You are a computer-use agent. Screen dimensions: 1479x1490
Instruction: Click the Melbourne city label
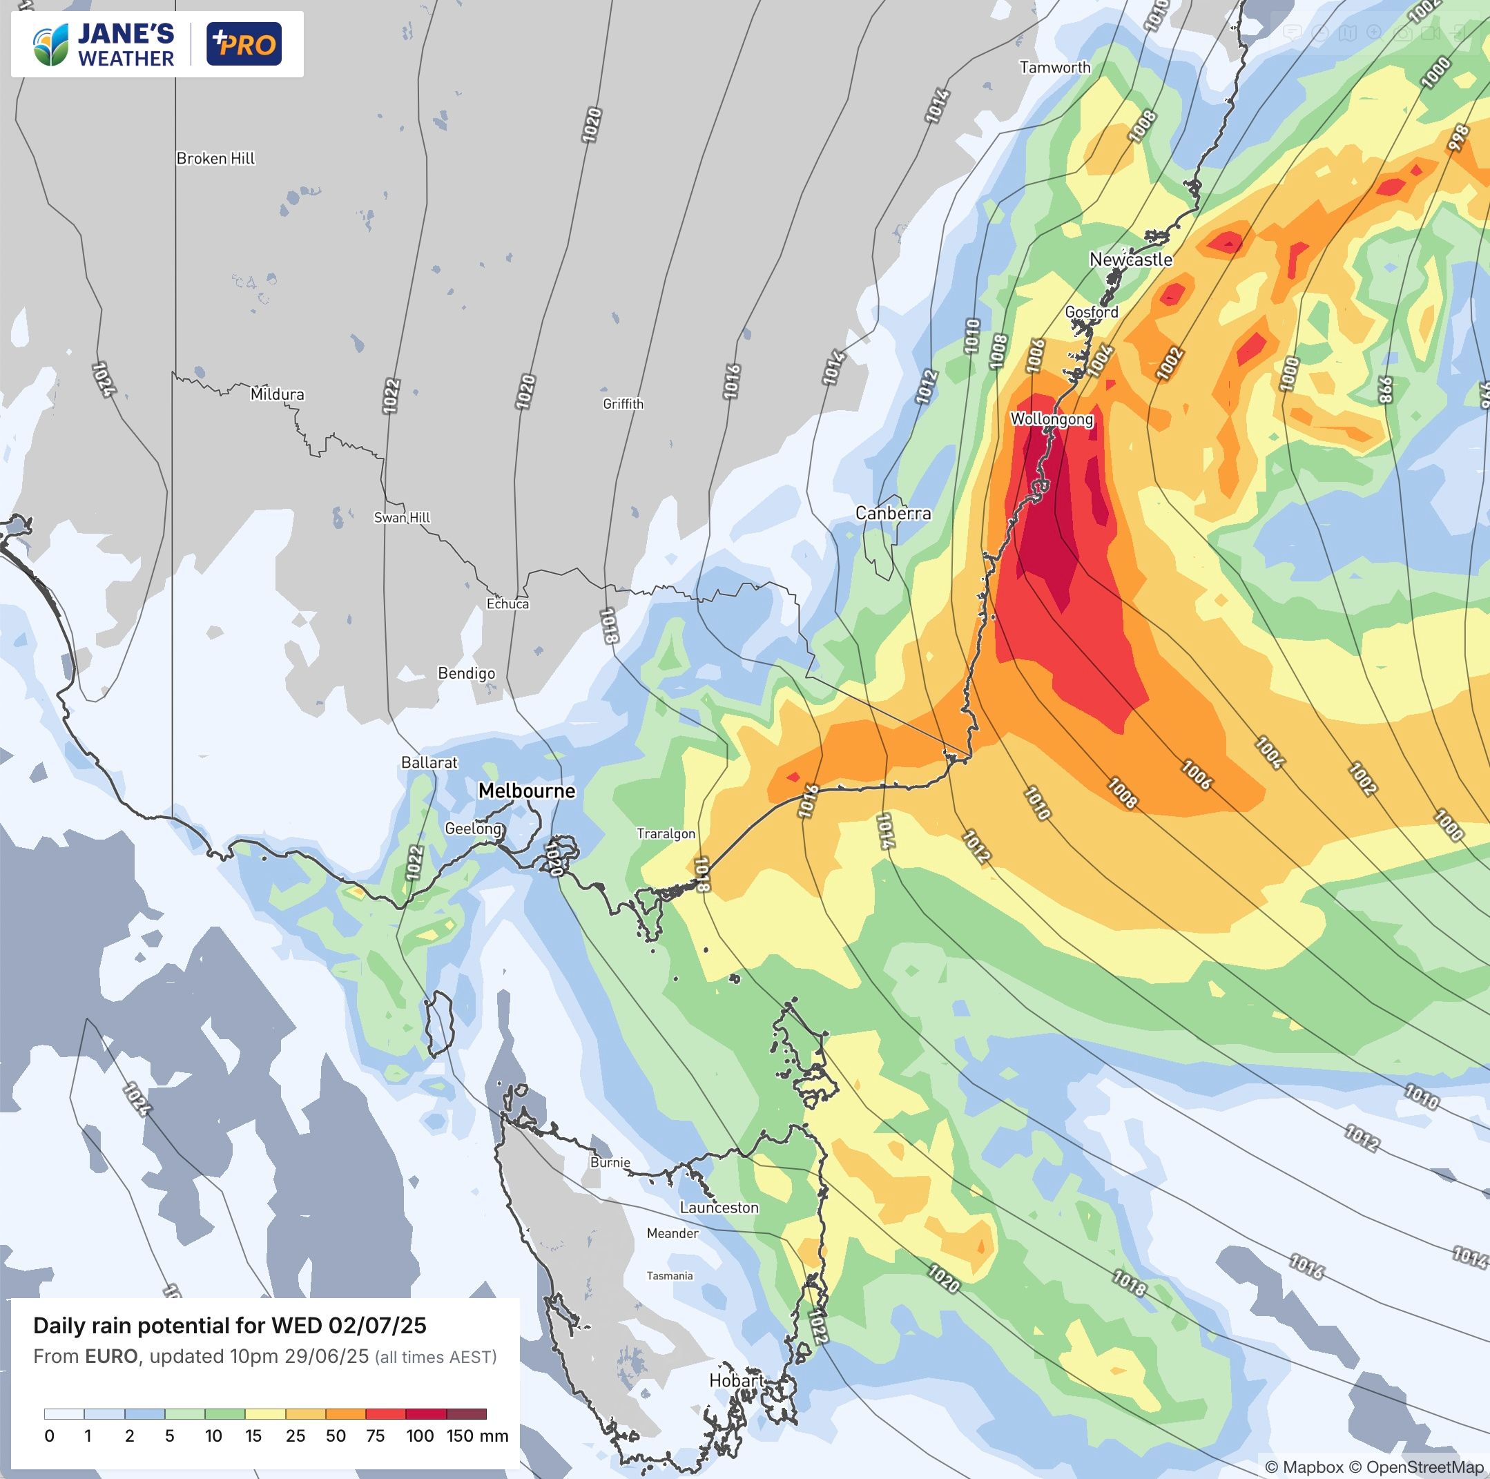tap(527, 791)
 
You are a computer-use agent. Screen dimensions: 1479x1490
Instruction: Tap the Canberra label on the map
tap(893, 513)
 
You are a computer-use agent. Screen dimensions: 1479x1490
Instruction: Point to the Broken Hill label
tap(215, 158)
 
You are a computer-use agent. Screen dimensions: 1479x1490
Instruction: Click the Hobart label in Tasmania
tap(737, 1380)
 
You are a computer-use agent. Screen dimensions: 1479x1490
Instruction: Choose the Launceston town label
tap(719, 1208)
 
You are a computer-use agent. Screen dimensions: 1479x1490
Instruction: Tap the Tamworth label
tap(1055, 67)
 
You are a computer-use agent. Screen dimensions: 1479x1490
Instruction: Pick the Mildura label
tap(277, 394)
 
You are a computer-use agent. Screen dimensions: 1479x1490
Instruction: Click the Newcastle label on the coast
tap(1130, 259)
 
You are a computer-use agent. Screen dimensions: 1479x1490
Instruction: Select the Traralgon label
tap(666, 833)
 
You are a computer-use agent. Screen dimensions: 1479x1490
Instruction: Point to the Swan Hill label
tap(402, 517)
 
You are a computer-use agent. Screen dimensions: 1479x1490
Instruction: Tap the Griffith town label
tap(623, 403)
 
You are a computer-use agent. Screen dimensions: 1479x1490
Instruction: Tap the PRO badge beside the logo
tap(244, 45)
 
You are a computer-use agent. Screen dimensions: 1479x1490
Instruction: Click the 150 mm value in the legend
tap(477, 1435)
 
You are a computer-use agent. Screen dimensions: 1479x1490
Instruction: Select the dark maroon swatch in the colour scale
tap(467, 1414)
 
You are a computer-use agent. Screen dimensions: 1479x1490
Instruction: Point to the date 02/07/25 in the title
tap(377, 1326)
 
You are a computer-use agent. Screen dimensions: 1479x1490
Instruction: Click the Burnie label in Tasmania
tap(610, 1162)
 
